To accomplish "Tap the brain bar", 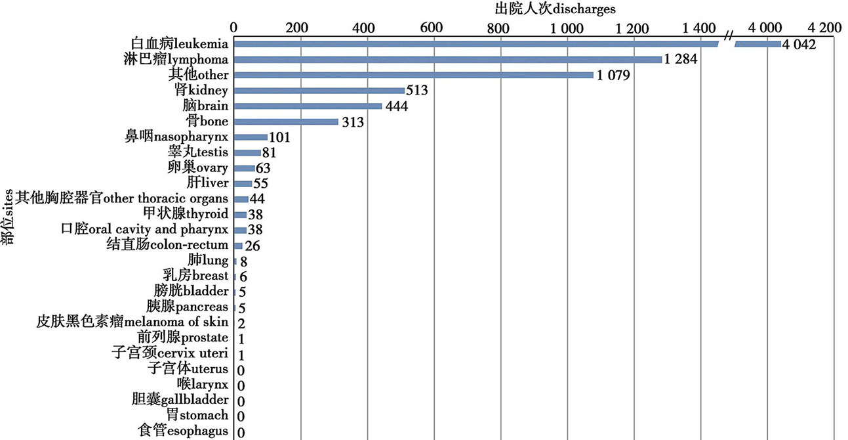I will point(308,106).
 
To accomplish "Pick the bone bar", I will point(286,121).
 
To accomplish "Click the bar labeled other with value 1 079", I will point(413,75).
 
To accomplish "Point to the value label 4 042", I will point(798,45).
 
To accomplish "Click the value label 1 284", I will point(680,60).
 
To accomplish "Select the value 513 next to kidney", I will point(417,91).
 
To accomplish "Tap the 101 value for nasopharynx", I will point(279,138).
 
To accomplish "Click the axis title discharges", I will point(555,9).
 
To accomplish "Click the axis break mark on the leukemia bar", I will point(727,44).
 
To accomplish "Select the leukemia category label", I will point(178,44).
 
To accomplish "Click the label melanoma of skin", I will point(132,322).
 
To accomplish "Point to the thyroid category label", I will point(186,213).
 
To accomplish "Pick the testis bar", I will point(247,153).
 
